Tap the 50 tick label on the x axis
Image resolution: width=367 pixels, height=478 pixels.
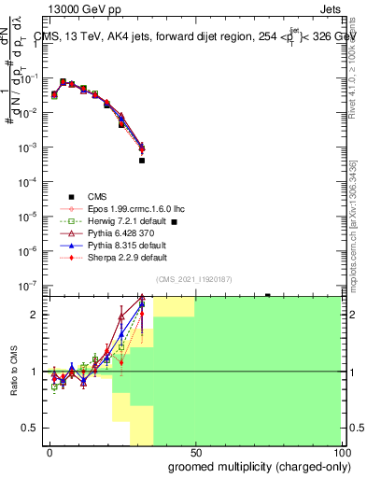[195, 453]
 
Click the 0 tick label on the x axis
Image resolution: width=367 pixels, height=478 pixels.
[49, 453]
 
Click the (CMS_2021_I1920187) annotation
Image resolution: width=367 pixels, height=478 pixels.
[194, 280]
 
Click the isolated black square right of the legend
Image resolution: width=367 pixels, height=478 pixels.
[175, 222]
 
